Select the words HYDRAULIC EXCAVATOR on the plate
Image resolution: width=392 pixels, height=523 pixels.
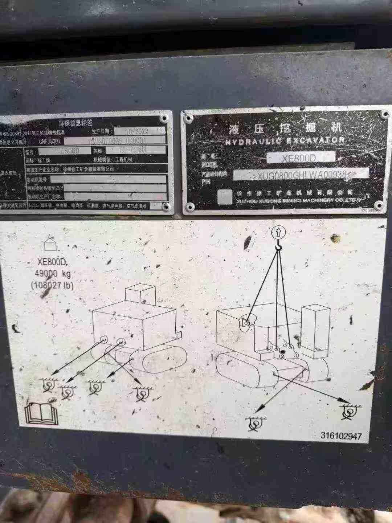tap(285, 141)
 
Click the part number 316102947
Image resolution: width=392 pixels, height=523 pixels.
tap(341, 436)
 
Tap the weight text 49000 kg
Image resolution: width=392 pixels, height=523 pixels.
tap(53, 274)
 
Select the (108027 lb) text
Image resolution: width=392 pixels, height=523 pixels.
tap(52, 285)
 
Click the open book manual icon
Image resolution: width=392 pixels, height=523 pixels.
tap(41, 414)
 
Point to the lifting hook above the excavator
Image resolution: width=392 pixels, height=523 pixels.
tap(278, 247)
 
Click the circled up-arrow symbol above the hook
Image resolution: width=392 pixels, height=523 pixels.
tap(278, 232)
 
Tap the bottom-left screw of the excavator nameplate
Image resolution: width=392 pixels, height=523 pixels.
tap(189, 207)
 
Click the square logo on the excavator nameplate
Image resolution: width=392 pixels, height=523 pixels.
tap(225, 196)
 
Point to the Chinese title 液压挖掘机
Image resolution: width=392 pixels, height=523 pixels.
tap(285, 128)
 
